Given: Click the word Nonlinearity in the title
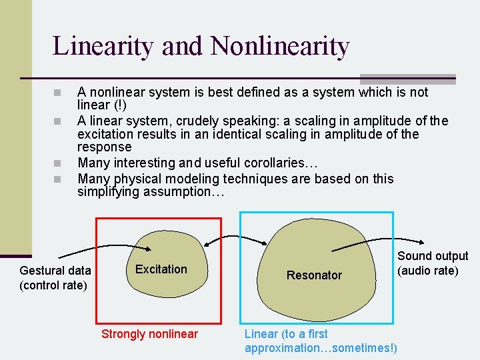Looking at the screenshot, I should point(280,47).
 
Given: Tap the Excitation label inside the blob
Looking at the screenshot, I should point(161,269).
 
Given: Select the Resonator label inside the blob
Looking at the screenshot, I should point(314,275).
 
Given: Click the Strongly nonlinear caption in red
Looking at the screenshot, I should point(149,334).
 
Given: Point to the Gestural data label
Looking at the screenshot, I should point(55,271).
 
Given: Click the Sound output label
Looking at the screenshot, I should point(433,256).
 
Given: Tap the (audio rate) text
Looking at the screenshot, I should point(428,271).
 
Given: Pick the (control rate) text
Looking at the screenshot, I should point(53,285).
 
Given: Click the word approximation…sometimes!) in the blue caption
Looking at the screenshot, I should point(321,348).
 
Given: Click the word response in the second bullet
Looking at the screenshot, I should point(105,147).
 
